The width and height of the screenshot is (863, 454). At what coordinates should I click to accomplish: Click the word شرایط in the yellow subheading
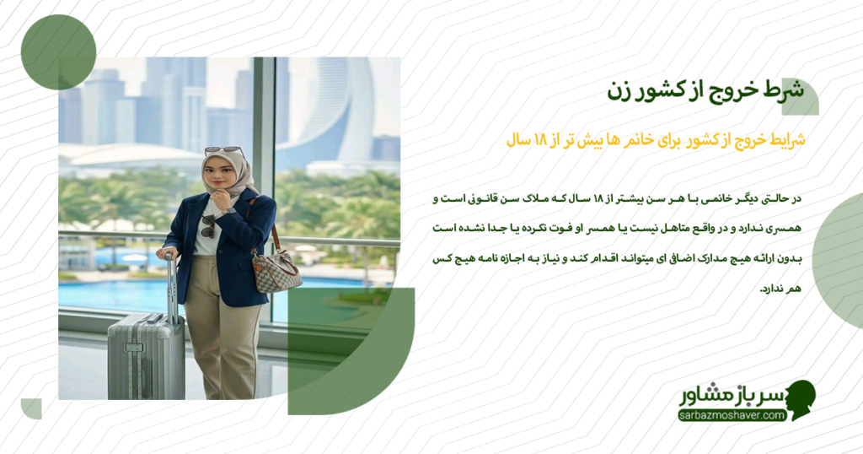pyautogui.click(x=785, y=140)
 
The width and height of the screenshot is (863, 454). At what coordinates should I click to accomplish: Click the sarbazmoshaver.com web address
pyautogui.click(x=732, y=415)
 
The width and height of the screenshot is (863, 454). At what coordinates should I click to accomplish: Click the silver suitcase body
pyautogui.click(x=145, y=354)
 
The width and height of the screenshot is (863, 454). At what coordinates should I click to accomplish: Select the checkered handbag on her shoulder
pyautogui.click(x=276, y=270)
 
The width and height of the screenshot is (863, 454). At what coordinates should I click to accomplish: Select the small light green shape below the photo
pyautogui.click(x=31, y=408)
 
